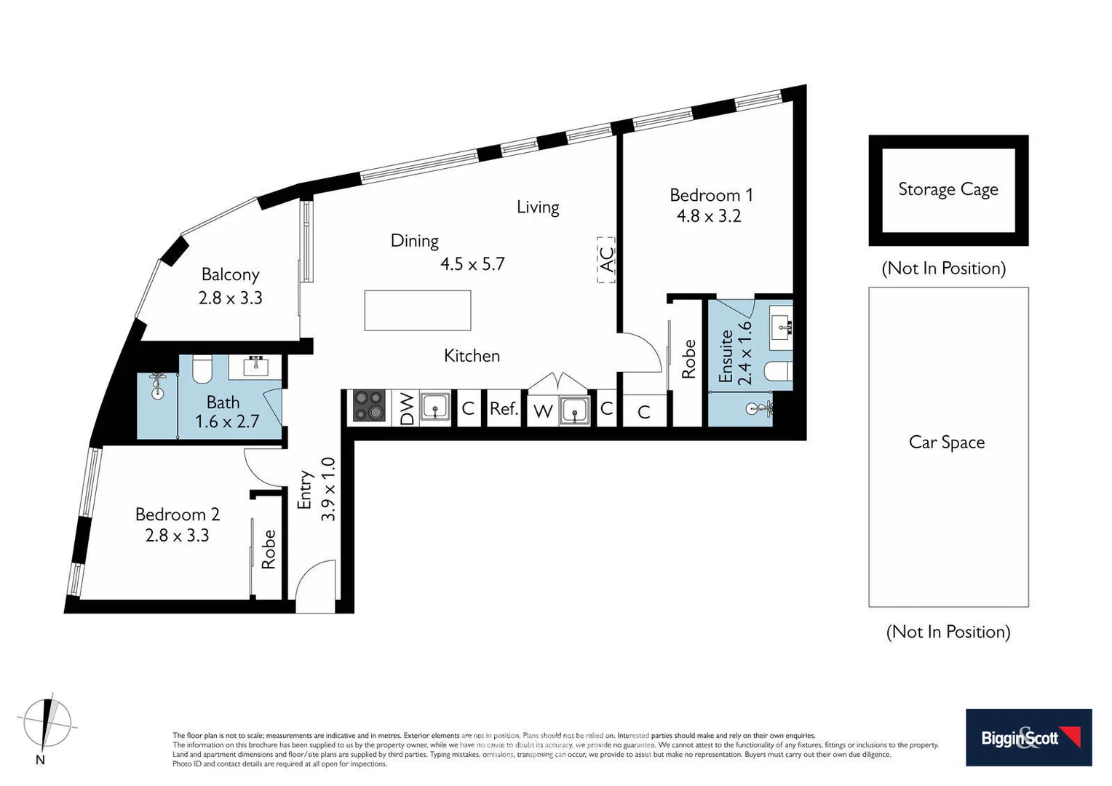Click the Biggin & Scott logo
click(1028, 737)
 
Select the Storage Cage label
click(948, 189)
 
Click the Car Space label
click(946, 442)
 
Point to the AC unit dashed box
click(606, 260)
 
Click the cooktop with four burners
click(369, 407)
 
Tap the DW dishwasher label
click(407, 409)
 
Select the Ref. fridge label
click(504, 409)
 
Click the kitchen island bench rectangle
click(418, 311)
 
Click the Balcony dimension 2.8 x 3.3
click(230, 298)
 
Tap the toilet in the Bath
click(202, 369)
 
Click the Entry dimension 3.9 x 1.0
click(328, 489)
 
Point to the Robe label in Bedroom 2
click(269, 549)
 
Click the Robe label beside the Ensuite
click(688, 360)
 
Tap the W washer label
click(542, 412)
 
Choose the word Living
click(538, 207)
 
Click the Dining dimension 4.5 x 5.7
click(472, 263)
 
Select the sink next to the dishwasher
click(435, 407)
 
